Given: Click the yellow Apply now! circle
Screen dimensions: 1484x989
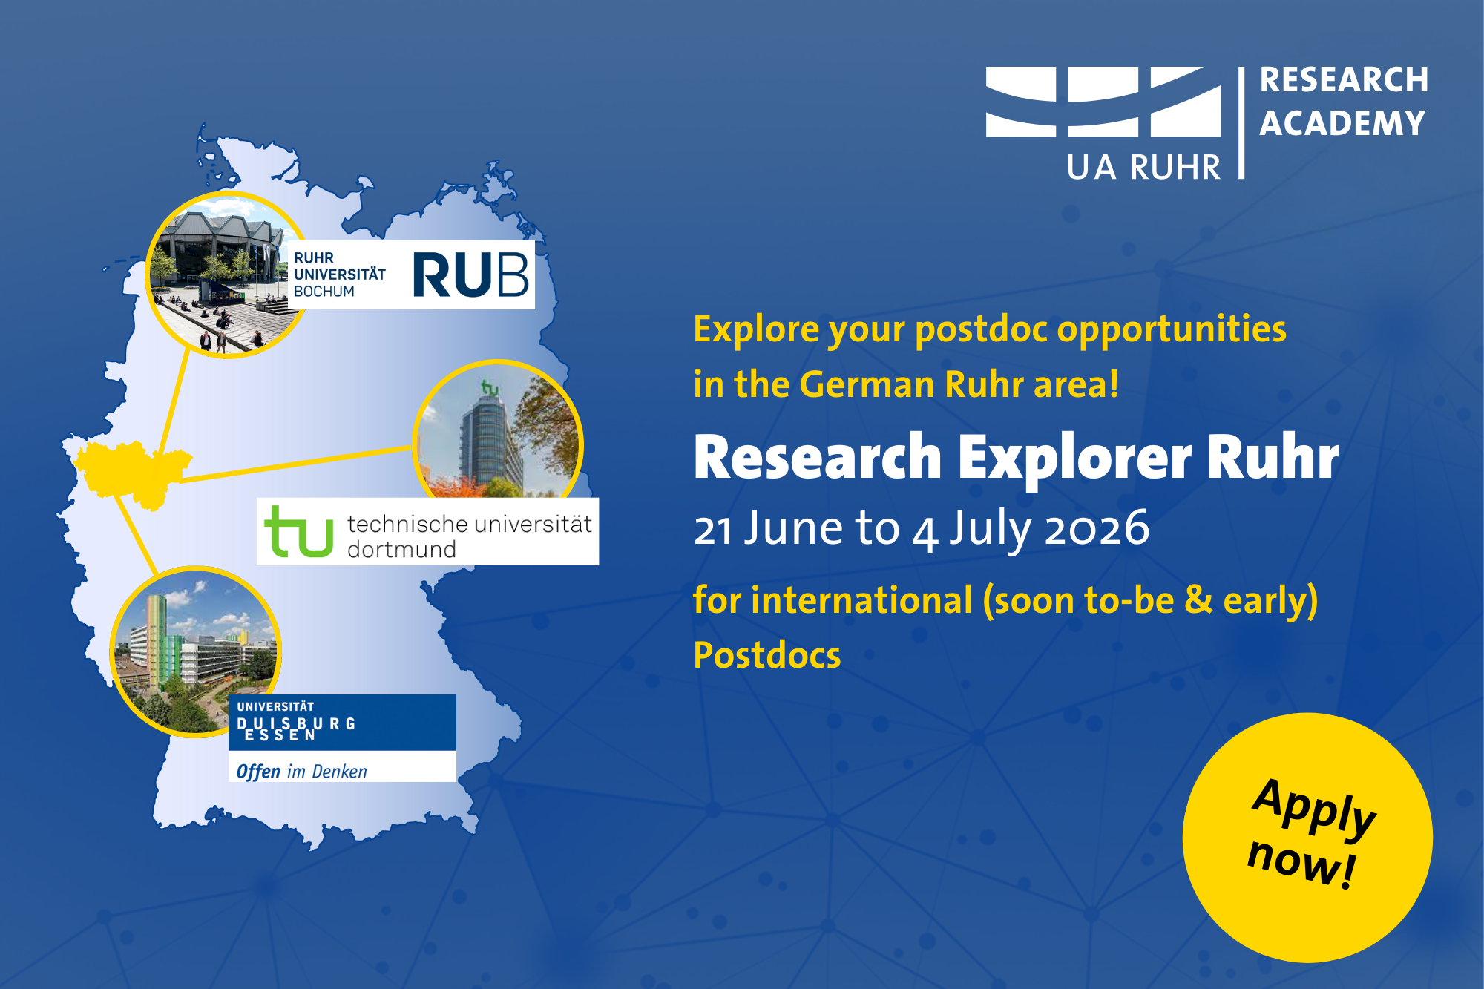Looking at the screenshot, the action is [x=1307, y=838].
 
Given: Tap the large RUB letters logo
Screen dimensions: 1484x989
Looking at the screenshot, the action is [x=470, y=275].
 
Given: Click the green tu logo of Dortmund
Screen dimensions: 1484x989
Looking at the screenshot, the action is [x=299, y=530].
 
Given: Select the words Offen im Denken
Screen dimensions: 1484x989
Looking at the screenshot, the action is [x=302, y=772].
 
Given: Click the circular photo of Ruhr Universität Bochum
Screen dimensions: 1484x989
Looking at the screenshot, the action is [x=226, y=275].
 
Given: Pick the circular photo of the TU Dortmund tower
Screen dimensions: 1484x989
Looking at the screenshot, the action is [x=498, y=430].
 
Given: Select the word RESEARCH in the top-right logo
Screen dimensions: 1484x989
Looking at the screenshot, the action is [x=1344, y=80].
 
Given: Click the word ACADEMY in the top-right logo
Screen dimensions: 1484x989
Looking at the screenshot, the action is [x=1342, y=123].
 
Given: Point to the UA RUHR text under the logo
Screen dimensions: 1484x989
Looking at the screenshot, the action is [x=1143, y=168].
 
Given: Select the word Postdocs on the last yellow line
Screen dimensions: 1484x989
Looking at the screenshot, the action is [x=767, y=655].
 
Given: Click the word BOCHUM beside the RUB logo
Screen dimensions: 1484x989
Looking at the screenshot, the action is [x=324, y=292].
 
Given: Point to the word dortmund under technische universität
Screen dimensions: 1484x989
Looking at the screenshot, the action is [x=401, y=550].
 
